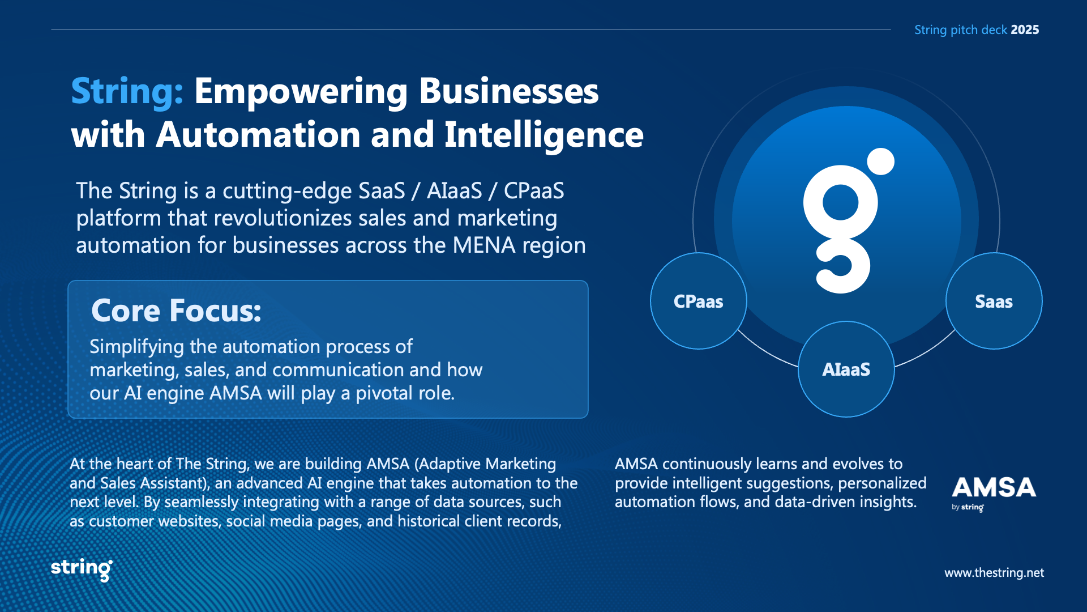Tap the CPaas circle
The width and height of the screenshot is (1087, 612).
coord(699,301)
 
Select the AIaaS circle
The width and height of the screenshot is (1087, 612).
coord(846,369)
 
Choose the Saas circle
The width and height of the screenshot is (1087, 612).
coord(994,301)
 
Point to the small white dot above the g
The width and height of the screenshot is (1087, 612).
coord(881,161)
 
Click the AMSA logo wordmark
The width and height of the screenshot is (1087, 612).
coord(994,487)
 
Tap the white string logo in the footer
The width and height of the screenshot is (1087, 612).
coord(82,569)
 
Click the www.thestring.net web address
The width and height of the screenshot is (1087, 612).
coord(994,573)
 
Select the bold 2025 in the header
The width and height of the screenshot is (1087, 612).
coord(1025,29)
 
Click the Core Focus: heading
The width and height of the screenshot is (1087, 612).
coord(176,311)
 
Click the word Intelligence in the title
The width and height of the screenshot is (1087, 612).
coord(544,136)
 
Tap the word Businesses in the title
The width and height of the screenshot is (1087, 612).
coord(509,91)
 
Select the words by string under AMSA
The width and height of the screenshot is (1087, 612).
coord(968,508)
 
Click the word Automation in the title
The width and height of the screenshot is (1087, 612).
coord(258,135)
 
